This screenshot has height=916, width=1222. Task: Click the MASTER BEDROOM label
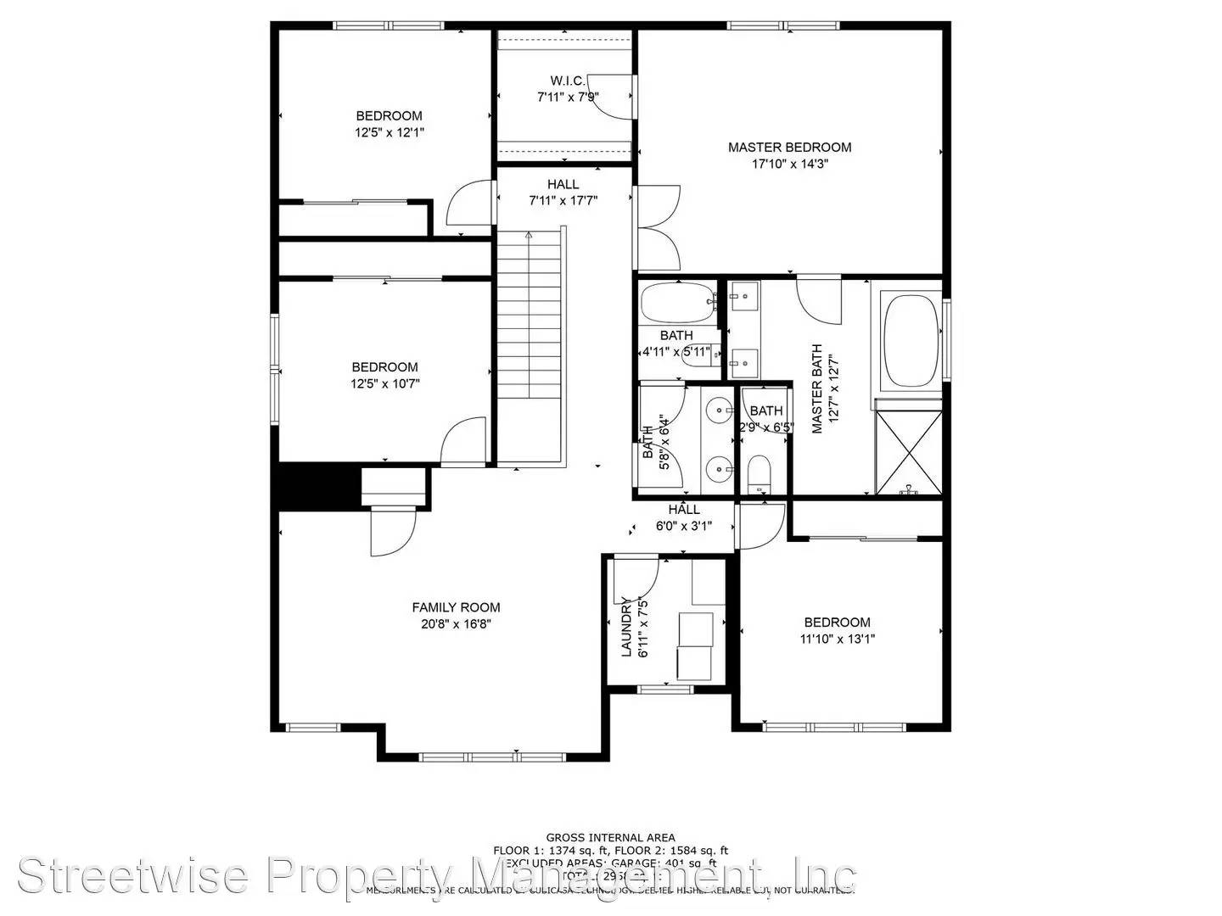click(x=789, y=147)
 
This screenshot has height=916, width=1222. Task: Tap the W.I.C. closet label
click(x=568, y=81)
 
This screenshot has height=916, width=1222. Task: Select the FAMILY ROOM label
click(x=456, y=607)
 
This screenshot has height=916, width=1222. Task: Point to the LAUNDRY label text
click(x=627, y=627)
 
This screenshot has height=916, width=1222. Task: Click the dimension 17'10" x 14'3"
click(x=789, y=164)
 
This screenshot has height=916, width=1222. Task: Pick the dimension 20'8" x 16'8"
click(x=456, y=624)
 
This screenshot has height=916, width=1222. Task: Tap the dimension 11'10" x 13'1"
click(x=837, y=639)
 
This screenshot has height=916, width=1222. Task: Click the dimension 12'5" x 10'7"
click(x=384, y=383)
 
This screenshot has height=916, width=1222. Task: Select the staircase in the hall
click(x=530, y=314)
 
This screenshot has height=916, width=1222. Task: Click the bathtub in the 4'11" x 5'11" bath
click(x=676, y=302)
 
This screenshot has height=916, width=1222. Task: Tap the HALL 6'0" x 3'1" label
click(x=683, y=517)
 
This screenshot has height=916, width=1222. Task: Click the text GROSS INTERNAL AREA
click(x=610, y=838)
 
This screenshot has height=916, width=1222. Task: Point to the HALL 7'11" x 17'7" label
click(x=563, y=193)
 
